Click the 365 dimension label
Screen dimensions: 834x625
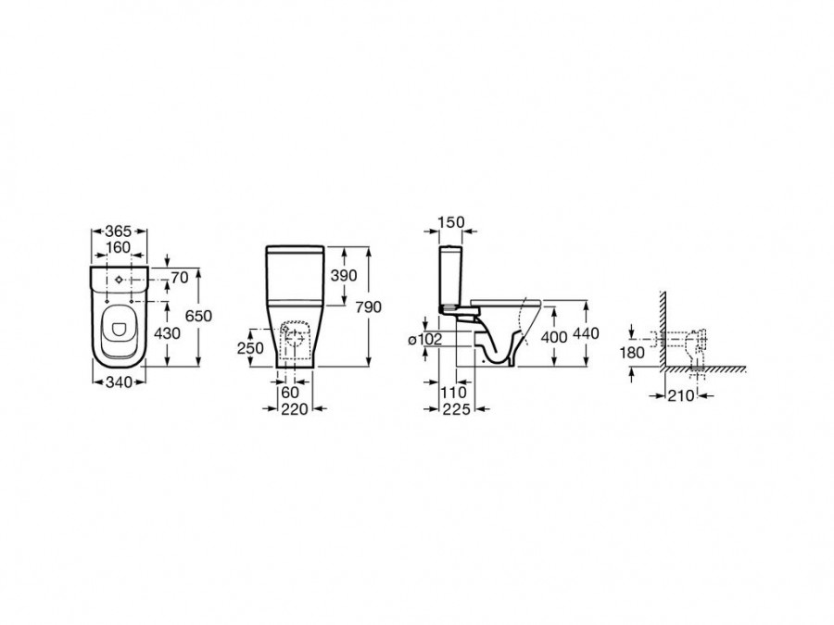click(118, 231)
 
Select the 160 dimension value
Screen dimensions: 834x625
click(118, 247)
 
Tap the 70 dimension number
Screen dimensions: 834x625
click(180, 278)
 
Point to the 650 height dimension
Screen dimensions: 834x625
click(198, 316)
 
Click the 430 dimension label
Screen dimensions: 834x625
click(167, 333)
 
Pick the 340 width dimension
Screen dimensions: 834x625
click(119, 382)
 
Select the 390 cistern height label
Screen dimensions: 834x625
click(344, 275)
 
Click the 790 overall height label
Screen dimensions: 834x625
click(369, 306)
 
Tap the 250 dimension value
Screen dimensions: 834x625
click(250, 347)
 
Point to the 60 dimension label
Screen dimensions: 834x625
click(290, 393)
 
